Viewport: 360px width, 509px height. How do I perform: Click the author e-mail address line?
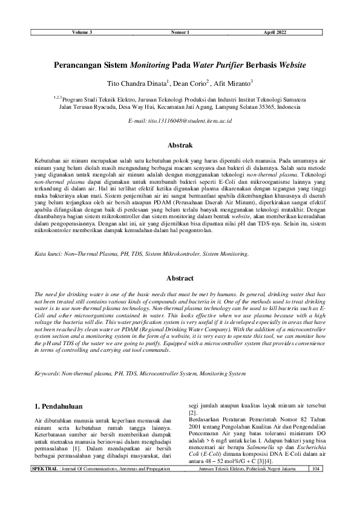(180, 122)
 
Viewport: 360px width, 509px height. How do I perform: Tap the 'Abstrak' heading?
(180, 146)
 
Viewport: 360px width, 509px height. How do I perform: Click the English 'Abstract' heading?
(180, 278)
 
